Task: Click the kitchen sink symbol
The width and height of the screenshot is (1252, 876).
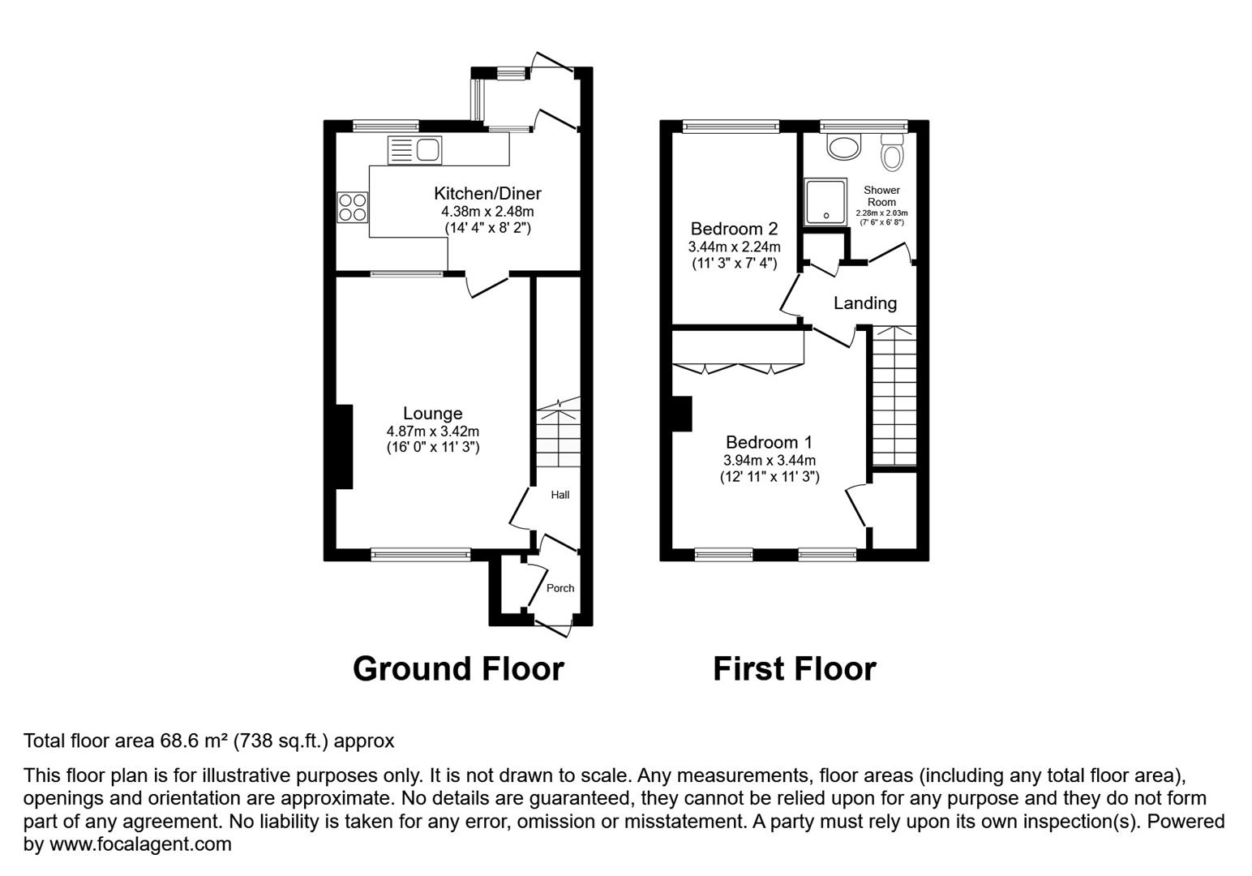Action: click(414, 150)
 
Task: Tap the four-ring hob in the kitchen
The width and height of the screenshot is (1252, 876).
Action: click(353, 208)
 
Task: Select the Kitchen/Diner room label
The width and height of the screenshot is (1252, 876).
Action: click(487, 193)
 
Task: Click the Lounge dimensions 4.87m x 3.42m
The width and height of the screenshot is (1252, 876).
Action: click(433, 432)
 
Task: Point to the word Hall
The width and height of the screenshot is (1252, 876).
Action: click(560, 495)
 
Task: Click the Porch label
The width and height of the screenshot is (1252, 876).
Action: click(560, 588)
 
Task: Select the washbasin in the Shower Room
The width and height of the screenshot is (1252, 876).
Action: click(844, 147)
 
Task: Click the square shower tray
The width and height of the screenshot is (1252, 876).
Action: click(825, 202)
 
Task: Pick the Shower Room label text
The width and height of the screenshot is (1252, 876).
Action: click(881, 196)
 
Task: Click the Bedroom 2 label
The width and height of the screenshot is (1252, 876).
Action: click(734, 229)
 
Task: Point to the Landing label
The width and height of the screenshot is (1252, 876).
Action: click(865, 303)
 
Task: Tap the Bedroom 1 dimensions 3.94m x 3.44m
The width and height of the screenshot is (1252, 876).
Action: click(770, 461)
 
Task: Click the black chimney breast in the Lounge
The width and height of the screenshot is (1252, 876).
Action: click(345, 447)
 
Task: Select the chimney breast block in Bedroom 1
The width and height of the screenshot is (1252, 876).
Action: click(682, 414)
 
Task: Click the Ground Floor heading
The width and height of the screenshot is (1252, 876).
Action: click(458, 668)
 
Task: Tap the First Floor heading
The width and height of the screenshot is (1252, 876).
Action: click(795, 668)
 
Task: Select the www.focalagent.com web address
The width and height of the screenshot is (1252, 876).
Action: click(140, 844)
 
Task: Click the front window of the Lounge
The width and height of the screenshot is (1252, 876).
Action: click(420, 555)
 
